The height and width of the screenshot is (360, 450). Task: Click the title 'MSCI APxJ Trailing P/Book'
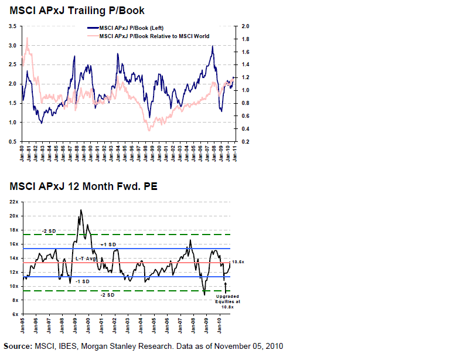(x=77, y=11)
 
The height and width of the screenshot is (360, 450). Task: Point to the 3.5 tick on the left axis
(x=12, y=26)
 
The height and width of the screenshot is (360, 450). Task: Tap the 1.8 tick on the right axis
(x=246, y=39)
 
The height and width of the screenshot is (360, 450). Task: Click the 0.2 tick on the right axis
(x=246, y=142)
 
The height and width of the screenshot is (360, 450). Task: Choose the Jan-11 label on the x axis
(x=234, y=153)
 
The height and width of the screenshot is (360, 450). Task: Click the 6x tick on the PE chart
(x=16, y=314)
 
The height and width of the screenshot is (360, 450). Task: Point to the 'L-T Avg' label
(x=85, y=259)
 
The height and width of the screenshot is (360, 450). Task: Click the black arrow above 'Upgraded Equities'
(x=226, y=288)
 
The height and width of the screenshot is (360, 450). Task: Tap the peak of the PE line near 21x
(x=81, y=210)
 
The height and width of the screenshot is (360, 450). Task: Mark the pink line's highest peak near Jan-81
(x=27, y=38)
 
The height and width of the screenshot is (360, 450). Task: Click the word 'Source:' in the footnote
(x=18, y=346)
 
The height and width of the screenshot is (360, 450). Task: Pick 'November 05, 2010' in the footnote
(x=249, y=346)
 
